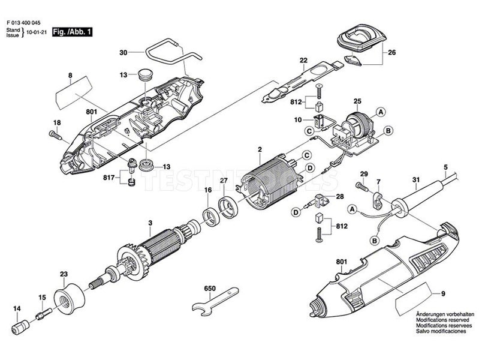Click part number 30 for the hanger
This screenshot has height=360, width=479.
pos(123,53)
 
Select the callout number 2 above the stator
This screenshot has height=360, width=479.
pos(260,149)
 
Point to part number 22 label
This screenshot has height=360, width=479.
pos(303,60)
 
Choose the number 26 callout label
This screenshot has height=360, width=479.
pos(392,52)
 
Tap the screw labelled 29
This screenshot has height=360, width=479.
pos(364,187)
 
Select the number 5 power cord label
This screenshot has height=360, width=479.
pos(445,167)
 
